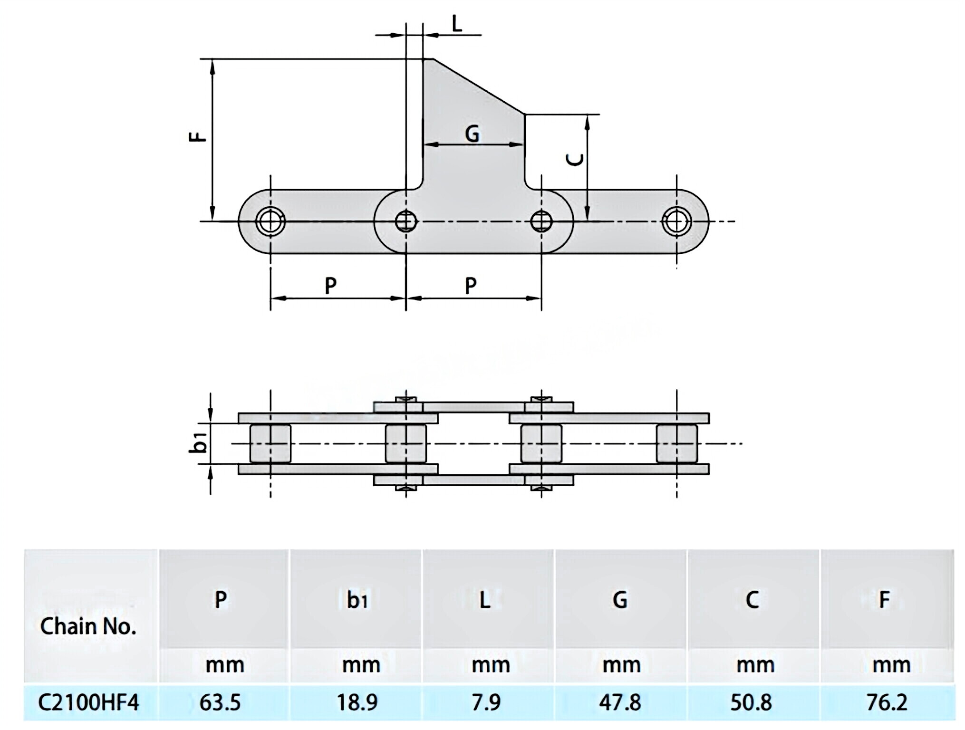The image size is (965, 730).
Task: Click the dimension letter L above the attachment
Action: point(456,24)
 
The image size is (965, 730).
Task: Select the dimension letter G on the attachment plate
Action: point(472,134)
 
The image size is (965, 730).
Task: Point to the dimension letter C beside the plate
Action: point(576,160)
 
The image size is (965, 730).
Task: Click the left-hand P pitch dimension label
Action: point(330,285)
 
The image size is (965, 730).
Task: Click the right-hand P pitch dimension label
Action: point(470,285)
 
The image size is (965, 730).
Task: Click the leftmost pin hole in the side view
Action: point(270,221)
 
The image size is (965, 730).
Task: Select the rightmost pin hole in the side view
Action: point(676,221)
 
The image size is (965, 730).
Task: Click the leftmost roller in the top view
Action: point(270,443)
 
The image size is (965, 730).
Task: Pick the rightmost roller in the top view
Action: point(676,443)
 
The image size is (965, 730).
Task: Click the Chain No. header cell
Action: point(88,626)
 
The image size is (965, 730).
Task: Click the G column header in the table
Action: point(619,600)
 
